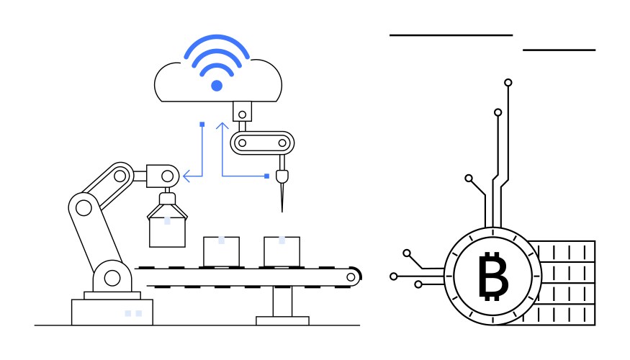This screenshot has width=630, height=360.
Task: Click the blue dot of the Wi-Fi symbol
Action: (216, 86)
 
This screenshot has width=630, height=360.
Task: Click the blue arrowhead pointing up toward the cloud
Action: (222, 126)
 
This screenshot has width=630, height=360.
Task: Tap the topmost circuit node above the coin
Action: (508, 82)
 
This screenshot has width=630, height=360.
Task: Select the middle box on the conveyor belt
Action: (221, 250)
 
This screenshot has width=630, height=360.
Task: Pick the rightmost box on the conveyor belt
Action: (282, 250)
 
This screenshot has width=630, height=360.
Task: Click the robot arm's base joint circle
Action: (112, 277)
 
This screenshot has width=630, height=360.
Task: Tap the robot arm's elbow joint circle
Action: (84, 207)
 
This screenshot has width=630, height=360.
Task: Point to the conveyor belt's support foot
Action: (282, 320)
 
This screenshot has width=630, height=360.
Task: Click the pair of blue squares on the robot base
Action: (133, 313)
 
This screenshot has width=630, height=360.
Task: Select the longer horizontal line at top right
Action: (451, 35)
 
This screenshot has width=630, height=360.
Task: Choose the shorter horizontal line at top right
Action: (559, 50)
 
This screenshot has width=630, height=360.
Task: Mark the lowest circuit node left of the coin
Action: (418, 284)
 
